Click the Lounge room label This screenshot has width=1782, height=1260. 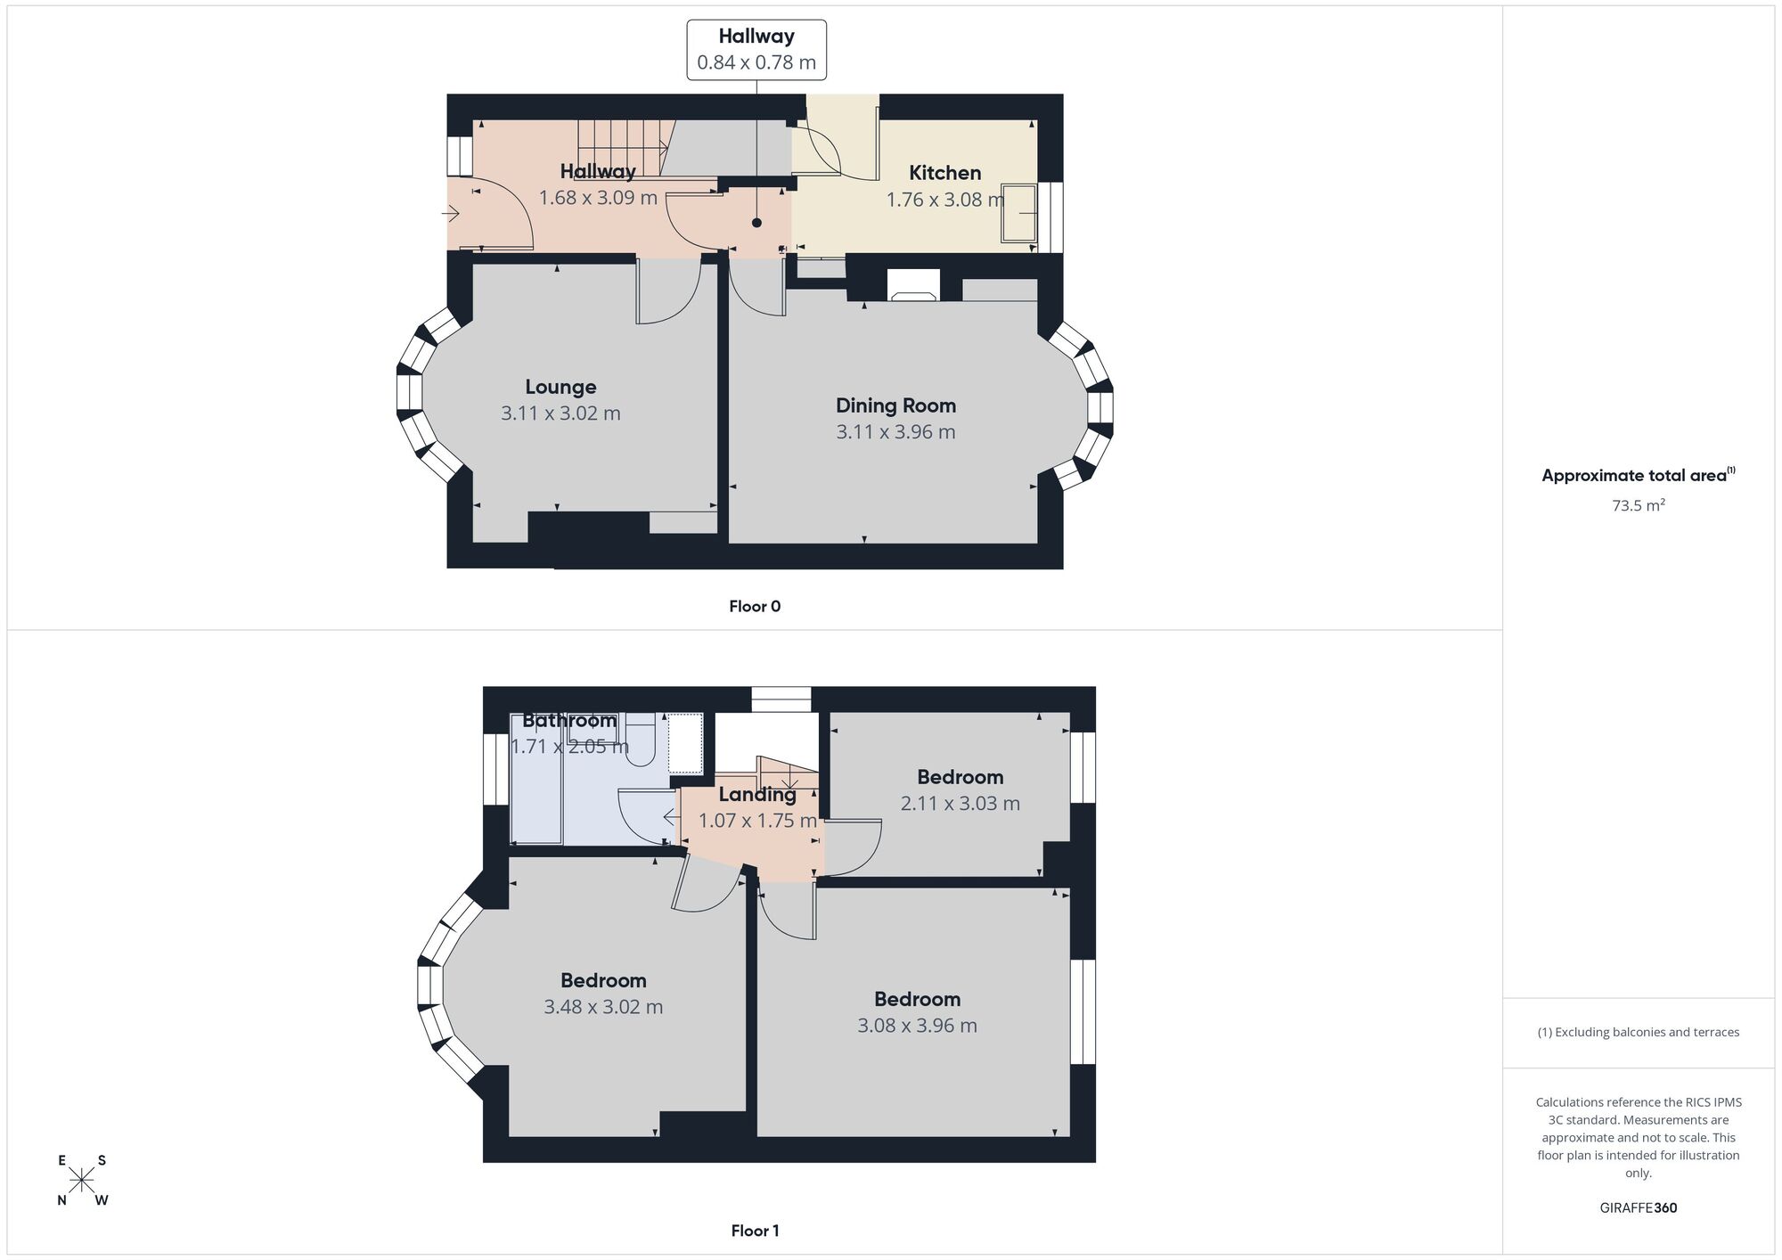(560, 387)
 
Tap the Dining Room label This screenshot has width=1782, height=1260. (895, 405)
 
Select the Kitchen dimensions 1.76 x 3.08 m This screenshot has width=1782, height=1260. (945, 200)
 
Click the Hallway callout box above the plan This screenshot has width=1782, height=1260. (756, 49)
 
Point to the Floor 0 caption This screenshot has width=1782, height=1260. (755, 607)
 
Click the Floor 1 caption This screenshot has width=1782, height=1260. (755, 1231)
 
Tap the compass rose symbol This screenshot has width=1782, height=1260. (82, 1181)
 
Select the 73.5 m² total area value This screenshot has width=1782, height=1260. (1638, 505)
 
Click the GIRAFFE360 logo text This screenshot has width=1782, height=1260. (1638, 1208)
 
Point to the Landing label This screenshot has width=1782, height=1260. (757, 794)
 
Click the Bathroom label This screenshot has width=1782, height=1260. (569, 720)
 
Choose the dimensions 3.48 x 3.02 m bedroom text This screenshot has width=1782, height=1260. (603, 1007)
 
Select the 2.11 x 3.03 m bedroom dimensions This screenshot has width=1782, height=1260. (960, 804)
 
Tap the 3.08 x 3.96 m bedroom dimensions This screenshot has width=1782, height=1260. (917, 1026)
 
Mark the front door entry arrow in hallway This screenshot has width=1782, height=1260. (451, 214)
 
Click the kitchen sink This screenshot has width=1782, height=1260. (1019, 213)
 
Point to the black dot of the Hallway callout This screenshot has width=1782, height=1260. (756, 223)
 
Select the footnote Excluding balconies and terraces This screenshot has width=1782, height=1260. (1638, 1033)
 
